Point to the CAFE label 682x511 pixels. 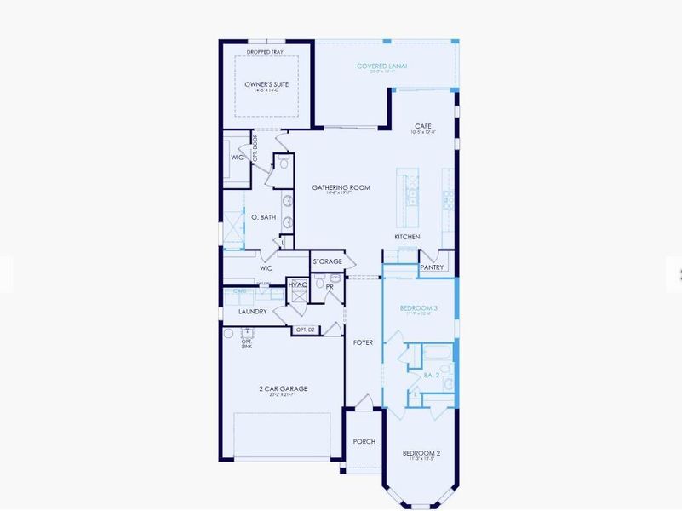point(422,126)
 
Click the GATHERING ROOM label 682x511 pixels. point(341,187)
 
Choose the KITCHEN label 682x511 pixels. point(407,236)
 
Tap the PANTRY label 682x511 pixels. point(433,267)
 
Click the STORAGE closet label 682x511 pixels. point(327,261)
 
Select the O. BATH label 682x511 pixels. point(263,217)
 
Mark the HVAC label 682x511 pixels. point(297,284)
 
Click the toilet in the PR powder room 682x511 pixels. point(335,279)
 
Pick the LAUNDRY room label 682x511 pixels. point(253,312)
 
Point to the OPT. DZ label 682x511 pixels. point(305,330)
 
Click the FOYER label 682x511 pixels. point(363,342)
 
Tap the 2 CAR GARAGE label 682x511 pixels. point(284,388)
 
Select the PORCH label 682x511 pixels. point(364,441)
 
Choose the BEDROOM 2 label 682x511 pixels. point(421,453)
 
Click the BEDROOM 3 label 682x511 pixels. point(420,307)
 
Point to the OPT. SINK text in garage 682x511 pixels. point(246,343)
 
